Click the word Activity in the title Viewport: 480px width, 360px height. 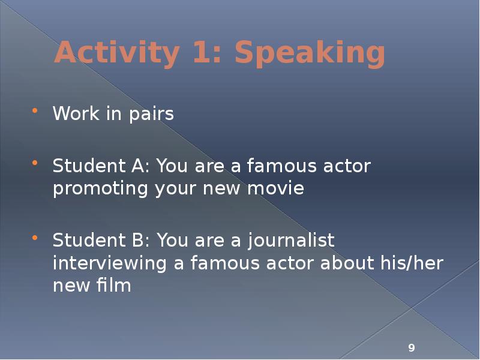(x=113, y=54)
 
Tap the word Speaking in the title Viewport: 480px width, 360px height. (x=310, y=54)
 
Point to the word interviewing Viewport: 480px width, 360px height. (x=106, y=263)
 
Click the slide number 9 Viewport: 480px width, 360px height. (x=412, y=348)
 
